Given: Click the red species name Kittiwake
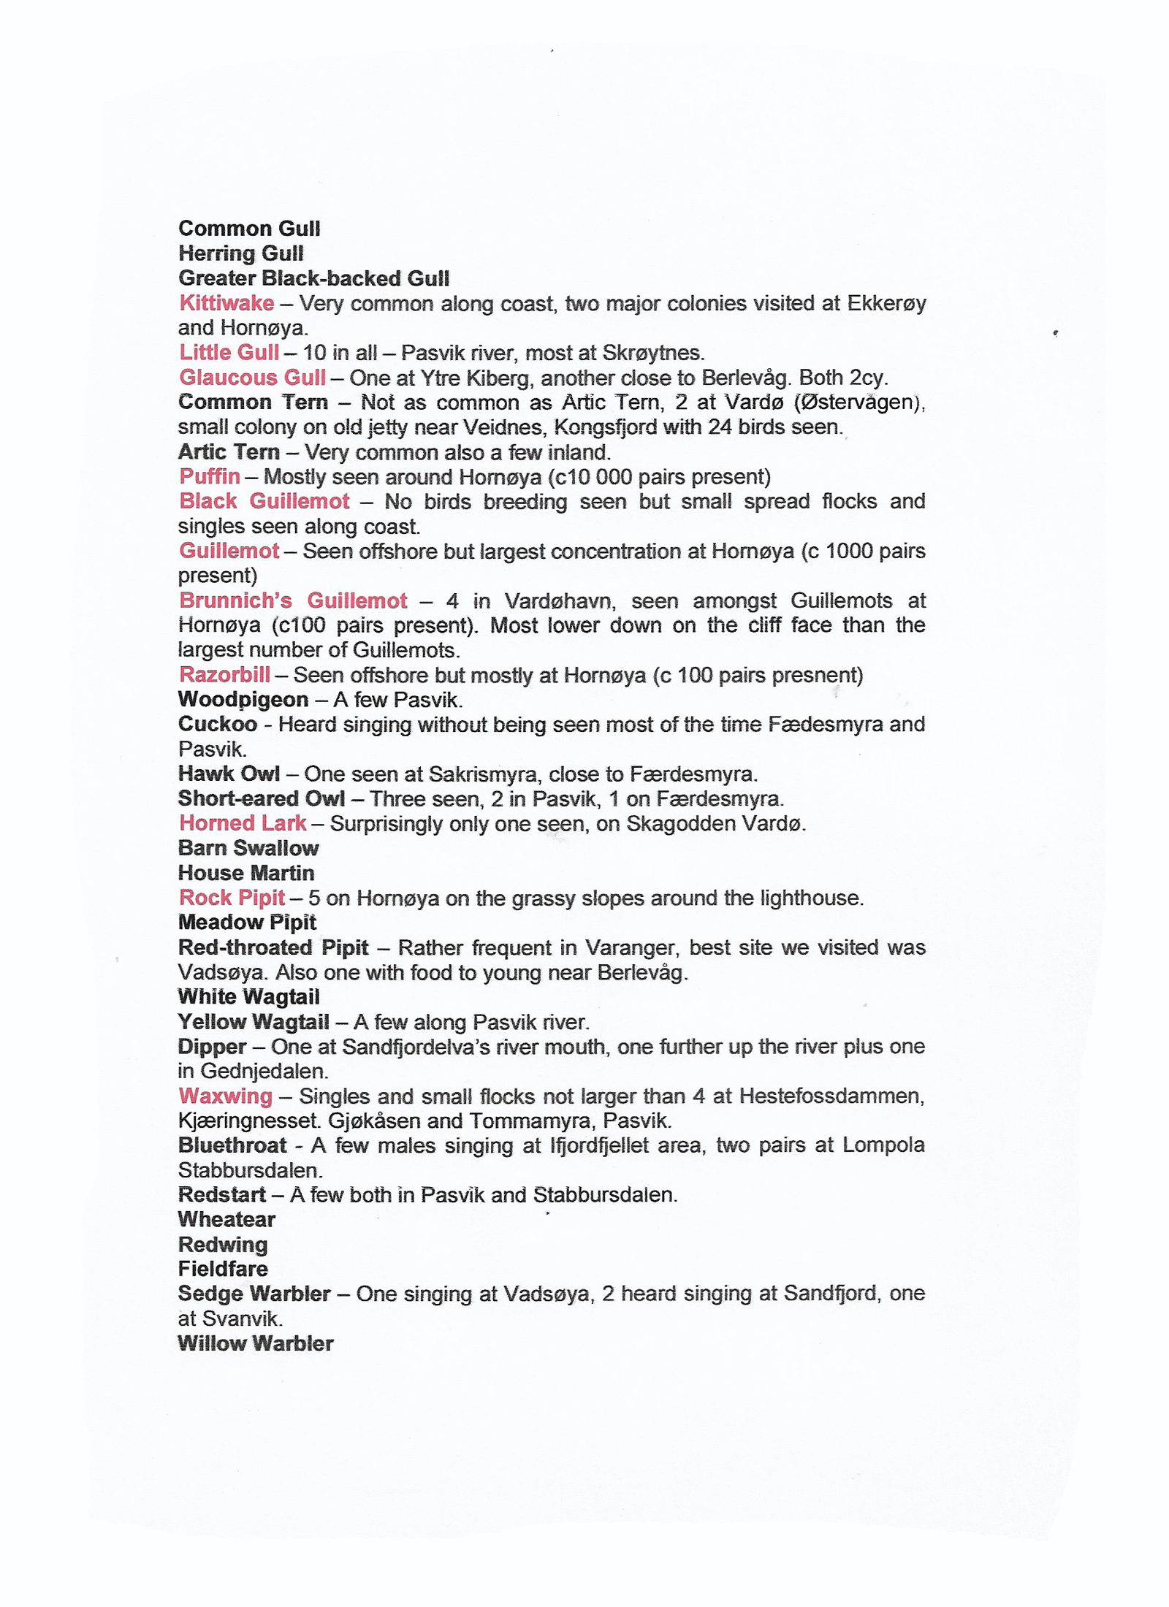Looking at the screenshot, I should pos(226,303).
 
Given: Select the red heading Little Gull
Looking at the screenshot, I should pos(229,353).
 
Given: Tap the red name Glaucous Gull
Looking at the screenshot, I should pos(252,378).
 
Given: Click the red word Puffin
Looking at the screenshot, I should pos(210,477).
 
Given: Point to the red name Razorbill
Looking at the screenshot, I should pos(224,675).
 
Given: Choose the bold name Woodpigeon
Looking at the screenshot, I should pos(243,700).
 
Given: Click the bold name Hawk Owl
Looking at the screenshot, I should pos(229,774).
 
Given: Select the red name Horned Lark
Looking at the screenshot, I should pos(243,823).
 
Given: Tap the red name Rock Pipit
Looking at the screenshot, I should pos(232,898).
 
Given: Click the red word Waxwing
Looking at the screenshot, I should pos(226,1096).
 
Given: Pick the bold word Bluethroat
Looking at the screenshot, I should pos(232,1145).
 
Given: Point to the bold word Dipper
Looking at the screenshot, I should pos(212,1047).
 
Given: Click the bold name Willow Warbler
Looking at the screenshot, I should pos(256,1343).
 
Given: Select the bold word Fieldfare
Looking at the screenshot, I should pos(223,1269).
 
